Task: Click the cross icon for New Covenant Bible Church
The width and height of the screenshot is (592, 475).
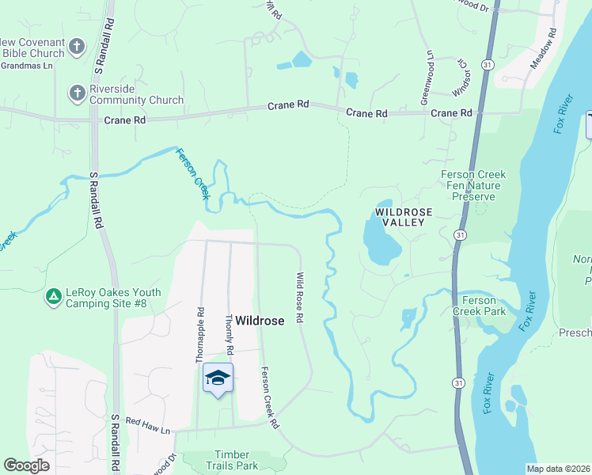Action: click(77, 46)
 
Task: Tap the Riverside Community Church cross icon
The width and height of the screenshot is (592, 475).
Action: click(77, 93)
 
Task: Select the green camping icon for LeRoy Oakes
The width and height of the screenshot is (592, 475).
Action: click(53, 297)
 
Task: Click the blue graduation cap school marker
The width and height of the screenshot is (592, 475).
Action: click(218, 378)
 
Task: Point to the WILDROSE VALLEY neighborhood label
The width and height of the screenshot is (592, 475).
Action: click(400, 217)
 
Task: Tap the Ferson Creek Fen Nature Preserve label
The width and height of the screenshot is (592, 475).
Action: click(473, 185)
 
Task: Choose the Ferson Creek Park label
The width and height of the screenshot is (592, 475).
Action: click(479, 306)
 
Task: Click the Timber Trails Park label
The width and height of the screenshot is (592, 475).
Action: click(221, 460)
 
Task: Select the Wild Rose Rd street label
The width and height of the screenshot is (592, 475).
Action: click(301, 297)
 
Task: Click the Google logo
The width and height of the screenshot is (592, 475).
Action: click(26, 465)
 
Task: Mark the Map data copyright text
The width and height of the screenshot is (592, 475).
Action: click(556, 469)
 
